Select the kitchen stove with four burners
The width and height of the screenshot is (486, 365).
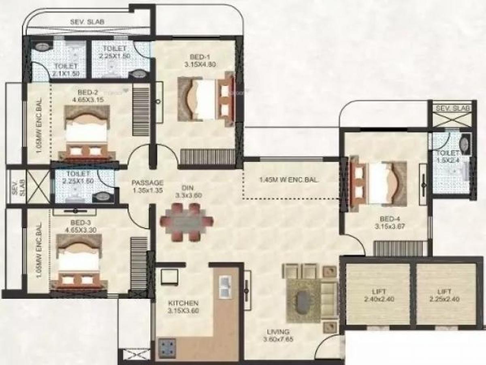pyautogui.click(x=167, y=346)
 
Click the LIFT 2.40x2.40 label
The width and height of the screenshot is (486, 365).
pyautogui.click(x=378, y=295)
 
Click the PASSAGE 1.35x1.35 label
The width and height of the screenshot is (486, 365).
pyautogui.click(x=147, y=186)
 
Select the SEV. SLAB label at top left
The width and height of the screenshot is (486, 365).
pyautogui.click(x=87, y=22)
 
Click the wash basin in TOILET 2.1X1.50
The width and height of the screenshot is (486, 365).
pyautogui.click(x=42, y=46)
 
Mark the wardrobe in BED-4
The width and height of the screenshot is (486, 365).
pyautogui.click(x=400, y=248)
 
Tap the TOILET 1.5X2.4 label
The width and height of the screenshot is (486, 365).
pyautogui.click(x=448, y=156)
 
